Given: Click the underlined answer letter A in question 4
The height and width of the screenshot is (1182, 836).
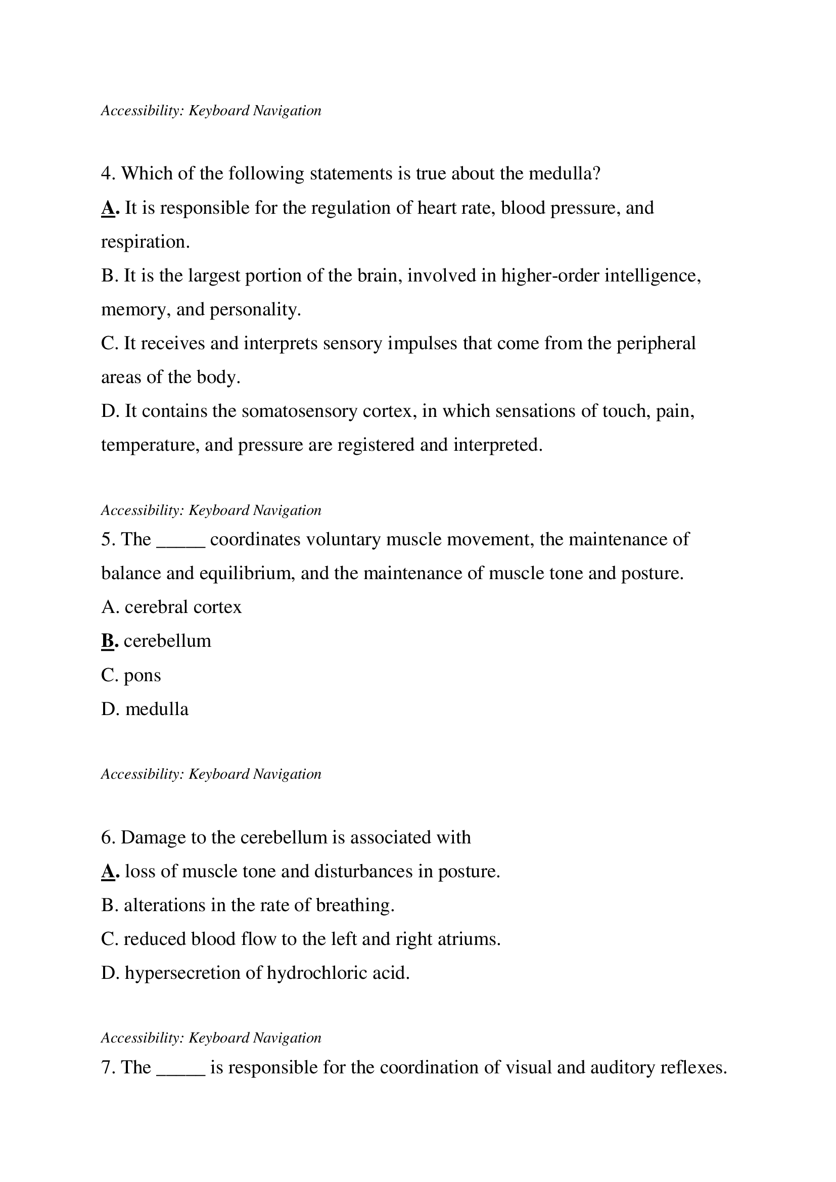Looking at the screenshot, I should [x=108, y=208].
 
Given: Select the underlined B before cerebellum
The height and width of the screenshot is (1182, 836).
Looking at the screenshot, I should [x=108, y=641].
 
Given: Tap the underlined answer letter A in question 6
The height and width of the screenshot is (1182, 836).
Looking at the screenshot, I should [x=108, y=871].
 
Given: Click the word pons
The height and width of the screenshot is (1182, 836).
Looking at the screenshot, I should [x=142, y=676].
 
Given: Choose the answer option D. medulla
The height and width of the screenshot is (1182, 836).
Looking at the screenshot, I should [x=145, y=710].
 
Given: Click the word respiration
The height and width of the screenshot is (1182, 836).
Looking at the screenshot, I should [x=145, y=242].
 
